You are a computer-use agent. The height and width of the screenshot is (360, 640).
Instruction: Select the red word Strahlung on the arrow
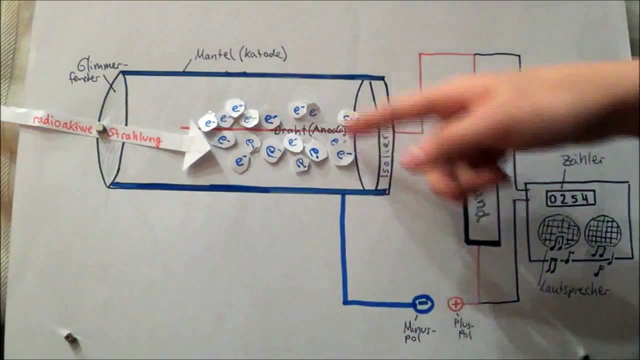pyautogui.click(x=135, y=137)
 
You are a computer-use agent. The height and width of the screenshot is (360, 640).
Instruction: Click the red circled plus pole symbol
pyautogui.click(x=455, y=303)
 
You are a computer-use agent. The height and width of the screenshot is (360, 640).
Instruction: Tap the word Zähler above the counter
pyautogui.click(x=582, y=160)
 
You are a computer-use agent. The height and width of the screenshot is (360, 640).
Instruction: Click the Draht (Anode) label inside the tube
pyautogui.click(x=310, y=130)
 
